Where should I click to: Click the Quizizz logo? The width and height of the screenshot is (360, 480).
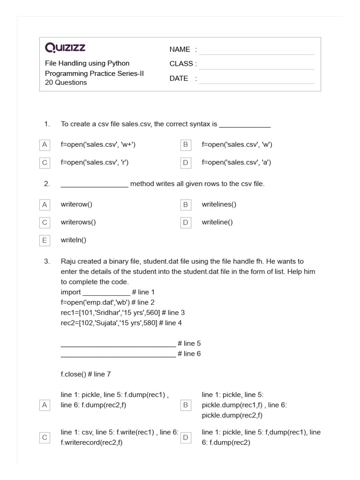coord(65,48)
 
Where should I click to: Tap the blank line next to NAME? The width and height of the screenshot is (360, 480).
coord(256,51)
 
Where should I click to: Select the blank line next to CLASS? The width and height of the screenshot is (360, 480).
coord(256,65)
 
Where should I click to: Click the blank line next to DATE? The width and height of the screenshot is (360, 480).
coord(256,79)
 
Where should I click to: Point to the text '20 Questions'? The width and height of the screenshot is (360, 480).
coord(66,82)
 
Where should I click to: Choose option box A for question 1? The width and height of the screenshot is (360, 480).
coord(45,145)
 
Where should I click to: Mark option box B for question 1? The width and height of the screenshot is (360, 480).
coord(186,145)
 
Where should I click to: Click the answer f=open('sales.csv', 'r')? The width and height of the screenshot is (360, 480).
coord(95,163)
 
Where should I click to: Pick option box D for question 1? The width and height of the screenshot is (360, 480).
coord(186,163)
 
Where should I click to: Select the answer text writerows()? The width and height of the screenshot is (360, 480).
coord(78,222)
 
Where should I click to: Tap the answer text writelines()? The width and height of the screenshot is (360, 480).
coord(219,204)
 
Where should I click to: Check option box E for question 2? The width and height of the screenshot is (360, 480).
coord(45,240)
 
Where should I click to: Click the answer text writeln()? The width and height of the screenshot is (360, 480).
coord(74,240)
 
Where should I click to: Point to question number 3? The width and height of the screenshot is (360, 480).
coord(46,262)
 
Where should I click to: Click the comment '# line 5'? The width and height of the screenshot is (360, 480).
coord(189,344)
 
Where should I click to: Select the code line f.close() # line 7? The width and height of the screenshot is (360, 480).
coord(86,374)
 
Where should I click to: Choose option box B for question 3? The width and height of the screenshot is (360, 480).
coord(186,405)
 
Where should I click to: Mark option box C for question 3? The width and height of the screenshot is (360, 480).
coord(45,437)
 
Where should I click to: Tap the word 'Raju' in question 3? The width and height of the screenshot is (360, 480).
coord(68,262)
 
